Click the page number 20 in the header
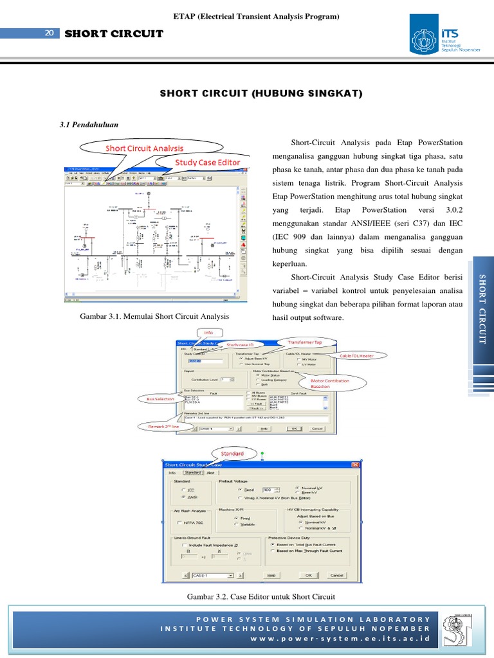[49, 34]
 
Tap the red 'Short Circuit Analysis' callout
[145, 148]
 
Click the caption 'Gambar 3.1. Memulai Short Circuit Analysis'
[154, 316]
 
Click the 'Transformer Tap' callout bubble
[304, 342]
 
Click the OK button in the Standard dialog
[308, 575]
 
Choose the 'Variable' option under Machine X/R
[235, 524]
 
